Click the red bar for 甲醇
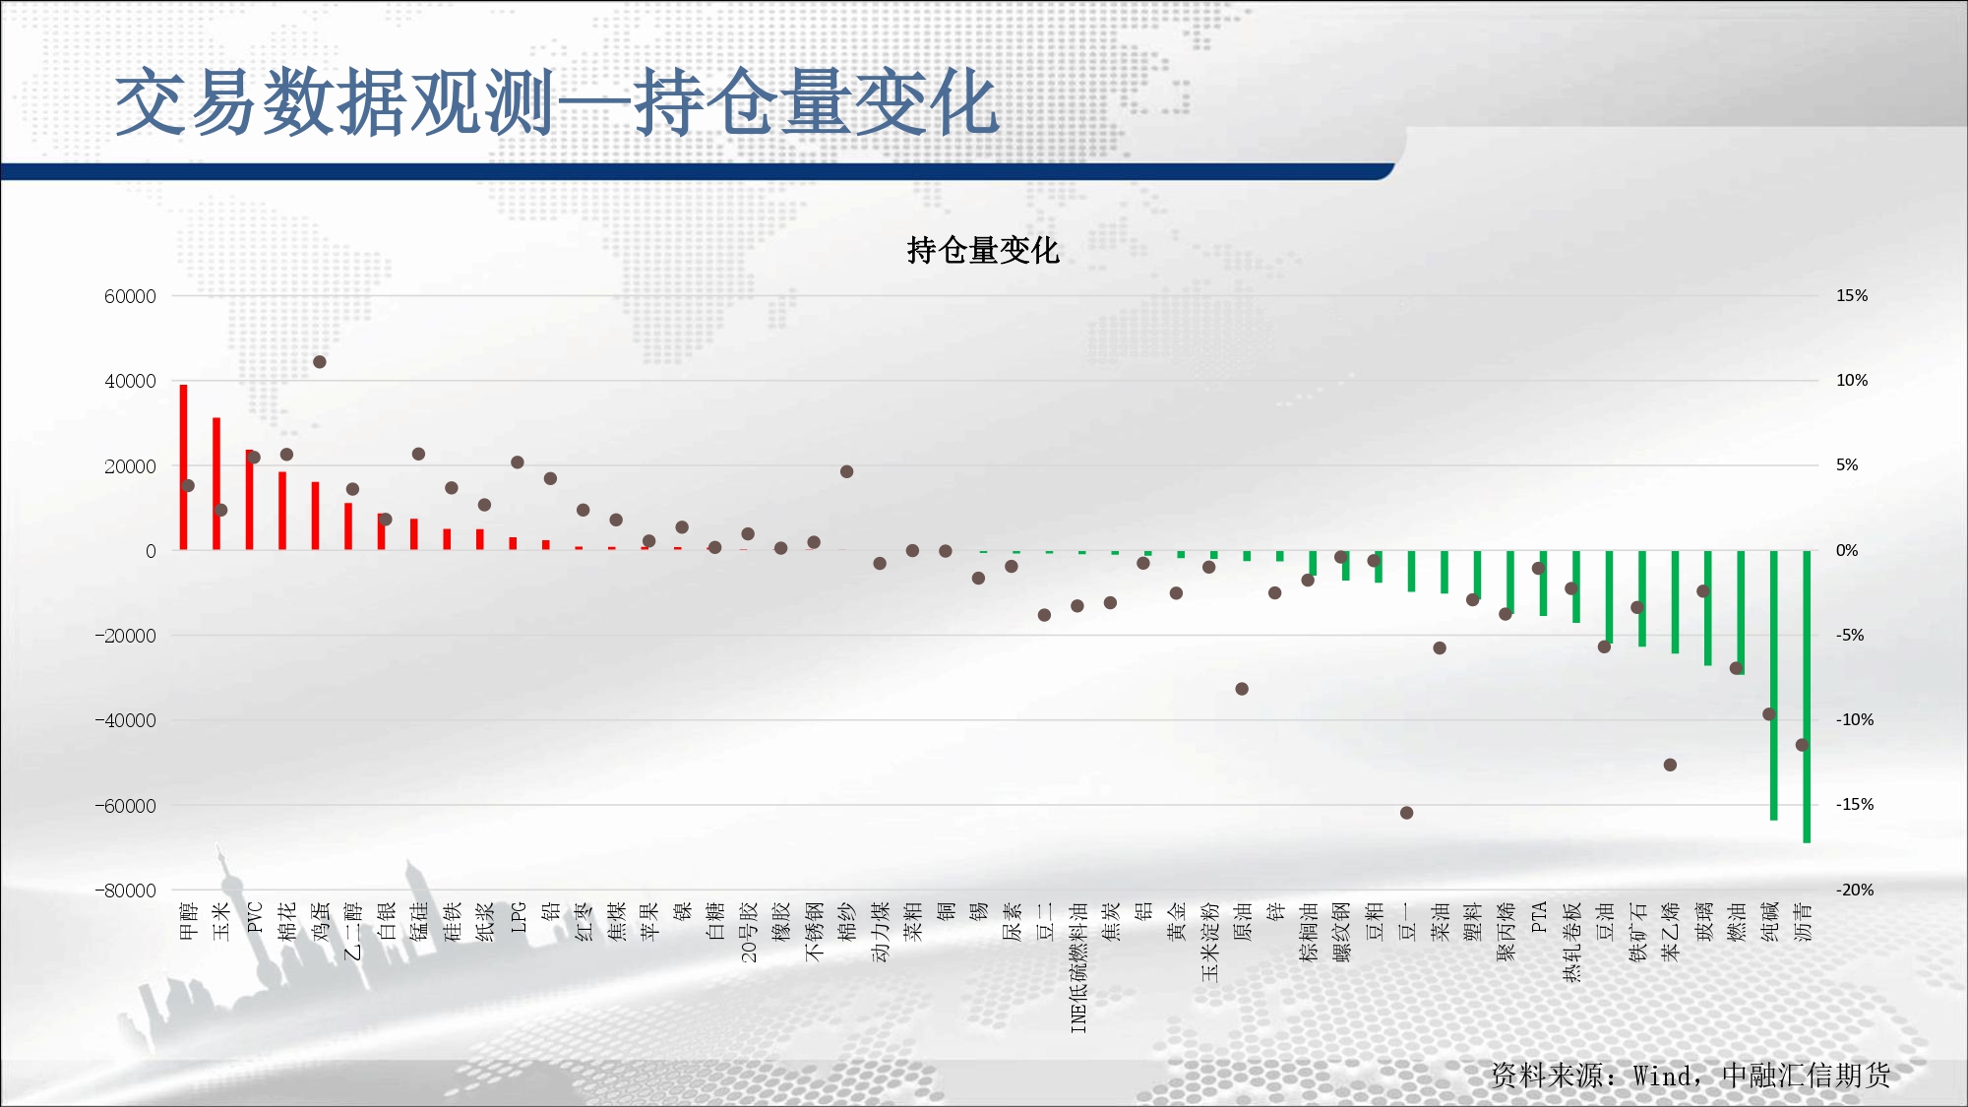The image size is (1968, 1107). (x=183, y=466)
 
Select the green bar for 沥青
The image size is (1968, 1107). (x=1807, y=697)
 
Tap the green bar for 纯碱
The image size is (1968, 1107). (x=1773, y=686)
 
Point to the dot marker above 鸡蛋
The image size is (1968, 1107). (x=319, y=362)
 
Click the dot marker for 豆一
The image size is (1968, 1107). (x=1406, y=813)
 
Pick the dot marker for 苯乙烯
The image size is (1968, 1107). (x=1670, y=765)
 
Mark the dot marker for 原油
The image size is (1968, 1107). (x=1242, y=689)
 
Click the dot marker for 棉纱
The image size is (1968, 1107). (x=846, y=471)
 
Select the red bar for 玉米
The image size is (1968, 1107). (x=216, y=483)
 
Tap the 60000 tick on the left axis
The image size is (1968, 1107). (x=130, y=296)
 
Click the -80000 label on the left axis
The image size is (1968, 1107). (x=125, y=891)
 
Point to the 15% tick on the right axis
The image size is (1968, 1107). (x=1852, y=295)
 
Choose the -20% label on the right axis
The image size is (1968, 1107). (x=1855, y=890)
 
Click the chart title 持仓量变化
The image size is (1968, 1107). (x=983, y=250)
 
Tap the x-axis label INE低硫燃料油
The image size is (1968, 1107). (x=1078, y=967)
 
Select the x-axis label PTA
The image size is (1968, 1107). (x=1539, y=917)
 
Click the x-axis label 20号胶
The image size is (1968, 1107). (x=748, y=932)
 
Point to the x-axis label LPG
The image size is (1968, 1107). (x=518, y=917)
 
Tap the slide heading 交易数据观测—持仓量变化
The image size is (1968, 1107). (x=557, y=102)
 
